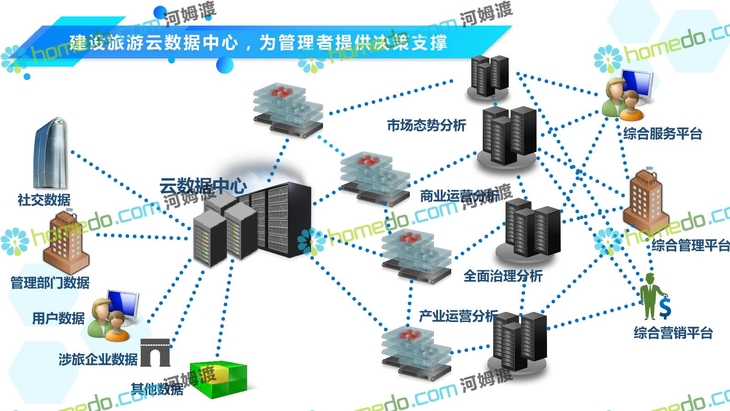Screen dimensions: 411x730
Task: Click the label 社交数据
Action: (44, 200)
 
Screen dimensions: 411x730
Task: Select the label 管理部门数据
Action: (50, 283)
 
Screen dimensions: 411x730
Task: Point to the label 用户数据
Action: (58, 318)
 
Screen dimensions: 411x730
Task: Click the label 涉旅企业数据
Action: (98, 359)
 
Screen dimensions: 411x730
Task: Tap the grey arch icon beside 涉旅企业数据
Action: (155, 353)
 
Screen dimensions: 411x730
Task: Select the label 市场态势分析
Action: (427, 125)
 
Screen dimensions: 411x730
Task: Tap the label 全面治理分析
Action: (503, 276)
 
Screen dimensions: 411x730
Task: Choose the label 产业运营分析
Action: (459, 316)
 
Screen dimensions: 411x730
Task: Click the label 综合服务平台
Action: (662, 134)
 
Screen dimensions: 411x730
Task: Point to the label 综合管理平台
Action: (690, 245)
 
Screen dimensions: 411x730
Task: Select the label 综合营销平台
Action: (673, 332)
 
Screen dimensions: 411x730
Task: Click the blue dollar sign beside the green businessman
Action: (666, 307)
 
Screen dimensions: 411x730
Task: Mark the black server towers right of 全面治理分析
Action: (532, 228)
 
